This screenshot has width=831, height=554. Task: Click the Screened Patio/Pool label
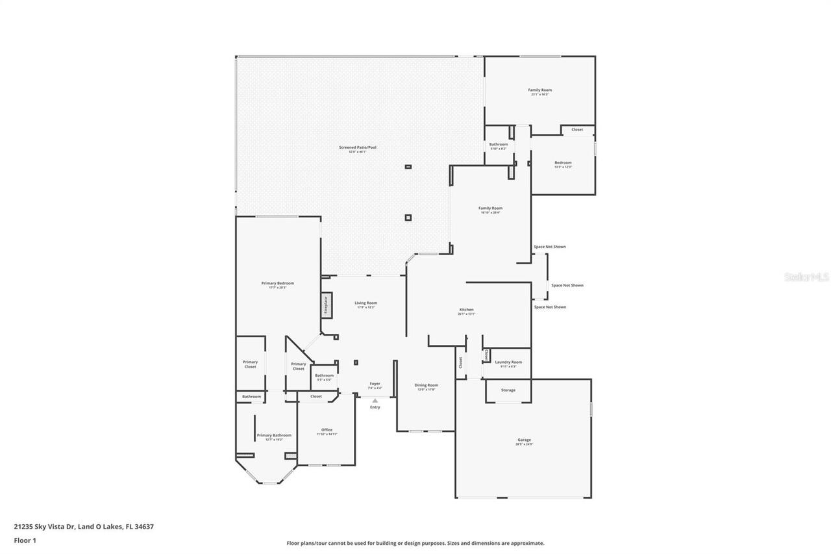click(x=357, y=147)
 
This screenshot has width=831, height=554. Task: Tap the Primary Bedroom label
click(x=277, y=283)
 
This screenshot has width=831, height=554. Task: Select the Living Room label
click(x=366, y=303)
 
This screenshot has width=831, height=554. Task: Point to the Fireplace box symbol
click(x=326, y=305)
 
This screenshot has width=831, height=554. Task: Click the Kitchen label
click(x=466, y=310)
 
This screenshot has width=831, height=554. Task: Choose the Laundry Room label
click(x=508, y=362)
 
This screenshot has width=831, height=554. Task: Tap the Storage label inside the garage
click(x=508, y=390)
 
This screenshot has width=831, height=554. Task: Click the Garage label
click(x=524, y=440)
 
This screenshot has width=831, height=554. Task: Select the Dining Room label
click(x=426, y=385)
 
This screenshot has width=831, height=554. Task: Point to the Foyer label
click(x=375, y=383)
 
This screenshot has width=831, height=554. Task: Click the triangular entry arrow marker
click(x=375, y=400)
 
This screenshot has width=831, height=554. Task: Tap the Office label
click(x=327, y=430)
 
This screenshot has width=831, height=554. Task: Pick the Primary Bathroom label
click(x=273, y=435)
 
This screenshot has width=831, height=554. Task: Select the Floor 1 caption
click(x=25, y=540)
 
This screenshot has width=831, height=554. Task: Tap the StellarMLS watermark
click(x=806, y=277)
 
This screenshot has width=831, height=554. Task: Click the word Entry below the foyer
click(x=375, y=407)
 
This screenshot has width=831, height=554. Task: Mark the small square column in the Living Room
click(x=356, y=362)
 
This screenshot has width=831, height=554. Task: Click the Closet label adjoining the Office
click(x=316, y=396)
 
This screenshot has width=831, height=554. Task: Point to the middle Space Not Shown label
click(x=567, y=285)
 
